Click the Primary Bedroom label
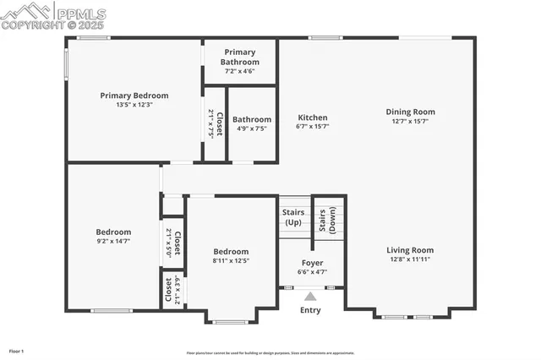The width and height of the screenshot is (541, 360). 134,95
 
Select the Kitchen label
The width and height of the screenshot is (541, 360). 312,117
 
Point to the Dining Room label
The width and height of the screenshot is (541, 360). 410,112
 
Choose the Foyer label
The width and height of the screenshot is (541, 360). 312,262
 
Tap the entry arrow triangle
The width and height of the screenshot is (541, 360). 310,297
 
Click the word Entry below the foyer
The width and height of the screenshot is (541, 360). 310,310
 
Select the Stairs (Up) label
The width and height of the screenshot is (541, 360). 293,216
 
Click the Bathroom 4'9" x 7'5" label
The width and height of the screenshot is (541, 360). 252,120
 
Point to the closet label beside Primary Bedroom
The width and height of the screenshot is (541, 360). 216,123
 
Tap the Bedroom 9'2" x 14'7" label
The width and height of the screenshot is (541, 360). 113,232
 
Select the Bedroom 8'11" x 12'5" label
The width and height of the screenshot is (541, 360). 231,252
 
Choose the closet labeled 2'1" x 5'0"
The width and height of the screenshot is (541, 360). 173,243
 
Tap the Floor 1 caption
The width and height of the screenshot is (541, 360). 17,350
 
